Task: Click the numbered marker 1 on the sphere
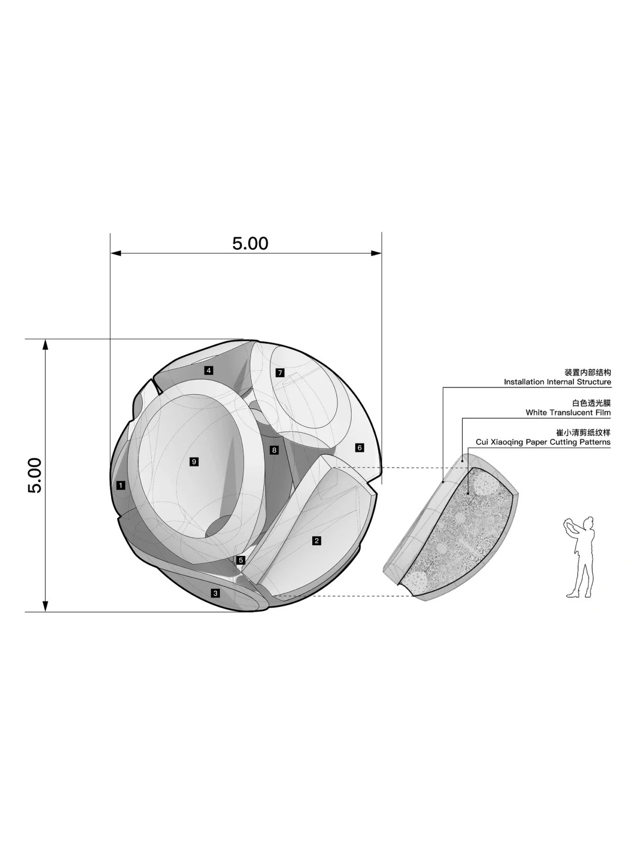[x=121, y=485]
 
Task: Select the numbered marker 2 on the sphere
[x=316, y=540]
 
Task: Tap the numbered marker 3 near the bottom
[x=216, y=593]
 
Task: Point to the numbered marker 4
[x=209, y=371]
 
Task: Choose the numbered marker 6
[x=360, y=448]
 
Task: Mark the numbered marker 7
[x=280, y=372]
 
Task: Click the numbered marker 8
[x=274, y=450]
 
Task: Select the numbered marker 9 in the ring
[x=194, y=462]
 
